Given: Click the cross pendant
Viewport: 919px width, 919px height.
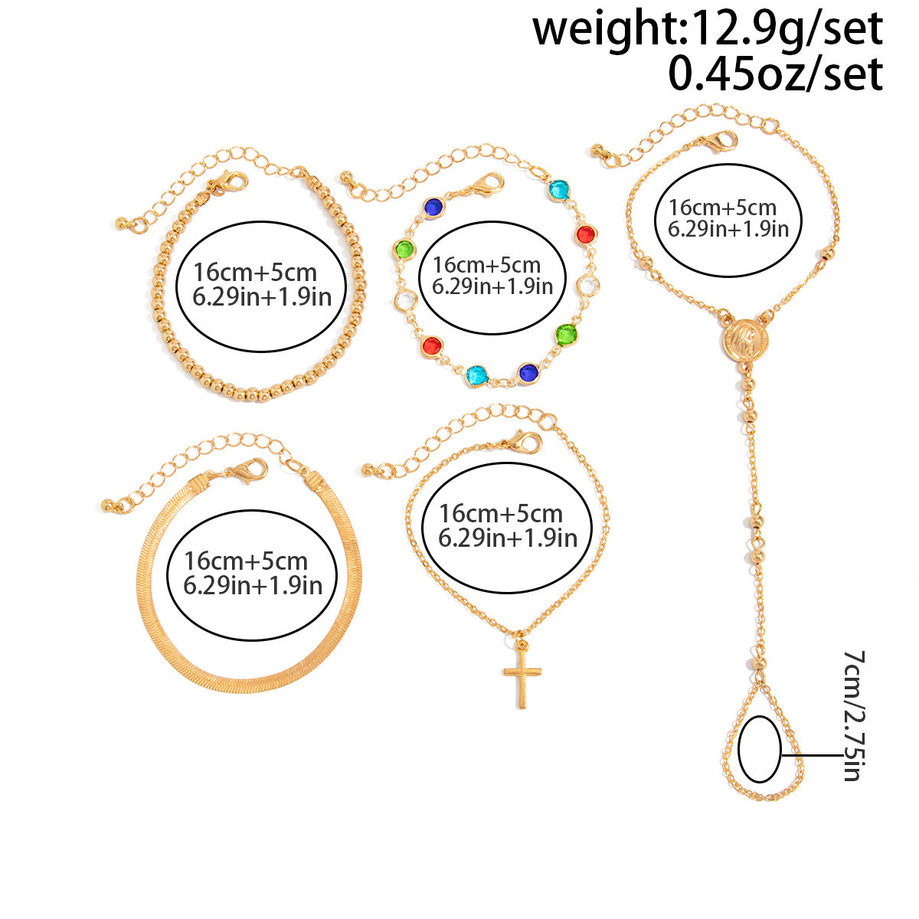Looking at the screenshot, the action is point(522,676).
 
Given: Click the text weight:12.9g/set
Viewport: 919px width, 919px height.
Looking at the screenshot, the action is point(708,30).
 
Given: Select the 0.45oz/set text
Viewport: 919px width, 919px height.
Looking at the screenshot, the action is point(776,74).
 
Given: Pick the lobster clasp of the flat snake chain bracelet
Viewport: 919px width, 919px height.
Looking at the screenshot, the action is point(248,470).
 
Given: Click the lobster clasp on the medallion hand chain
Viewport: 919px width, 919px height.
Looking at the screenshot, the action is point(720,142).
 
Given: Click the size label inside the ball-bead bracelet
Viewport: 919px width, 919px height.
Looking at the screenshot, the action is point(262,285).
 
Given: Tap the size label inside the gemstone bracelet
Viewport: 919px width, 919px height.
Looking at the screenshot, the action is point(492,276).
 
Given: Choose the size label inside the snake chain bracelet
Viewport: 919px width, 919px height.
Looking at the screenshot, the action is point(253,573).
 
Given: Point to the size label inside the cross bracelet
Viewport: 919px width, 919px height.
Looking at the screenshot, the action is point(508,525).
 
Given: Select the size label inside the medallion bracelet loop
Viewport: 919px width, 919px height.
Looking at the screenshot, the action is point(728,218).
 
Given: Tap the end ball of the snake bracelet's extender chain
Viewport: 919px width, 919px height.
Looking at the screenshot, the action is point(108,505).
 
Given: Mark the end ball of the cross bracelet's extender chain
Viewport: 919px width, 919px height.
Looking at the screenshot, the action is point(368,469).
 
